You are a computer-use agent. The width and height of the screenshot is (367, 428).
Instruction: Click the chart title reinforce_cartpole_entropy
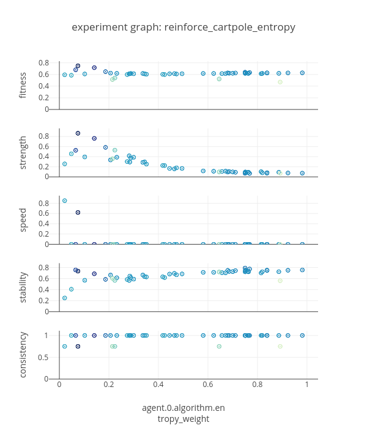point(183,28)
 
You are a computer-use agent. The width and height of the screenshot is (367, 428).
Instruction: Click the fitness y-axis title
point(23,86)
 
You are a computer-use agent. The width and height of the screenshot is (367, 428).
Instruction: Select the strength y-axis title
point(23,153)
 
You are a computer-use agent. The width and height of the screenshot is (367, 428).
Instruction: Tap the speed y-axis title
point(23,220)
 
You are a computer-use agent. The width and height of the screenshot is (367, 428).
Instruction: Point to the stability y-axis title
point(23,287)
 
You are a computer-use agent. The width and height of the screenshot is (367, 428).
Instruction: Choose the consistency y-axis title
point(23,355)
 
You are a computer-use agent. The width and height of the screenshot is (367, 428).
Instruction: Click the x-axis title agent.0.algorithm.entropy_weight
point(183,413)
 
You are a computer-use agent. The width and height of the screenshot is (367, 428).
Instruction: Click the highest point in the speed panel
point(64,201)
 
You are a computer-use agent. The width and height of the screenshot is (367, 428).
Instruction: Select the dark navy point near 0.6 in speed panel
point(78,213)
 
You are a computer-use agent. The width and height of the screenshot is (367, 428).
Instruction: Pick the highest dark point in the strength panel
point(78,133)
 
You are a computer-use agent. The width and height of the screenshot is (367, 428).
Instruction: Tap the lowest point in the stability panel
point(64,298)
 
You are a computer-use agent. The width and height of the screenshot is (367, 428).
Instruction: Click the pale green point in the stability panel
point(280,281)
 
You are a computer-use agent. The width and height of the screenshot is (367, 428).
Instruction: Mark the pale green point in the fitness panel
point(280,82)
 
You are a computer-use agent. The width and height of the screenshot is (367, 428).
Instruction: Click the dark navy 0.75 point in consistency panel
point(78,347)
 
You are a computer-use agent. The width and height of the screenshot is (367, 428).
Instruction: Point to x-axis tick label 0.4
point(158,384)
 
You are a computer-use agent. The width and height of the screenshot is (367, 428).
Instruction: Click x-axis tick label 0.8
point(258,384)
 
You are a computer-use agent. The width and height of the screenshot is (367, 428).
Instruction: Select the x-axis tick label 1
point(307,384)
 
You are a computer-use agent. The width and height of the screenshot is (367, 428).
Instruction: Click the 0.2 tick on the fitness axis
point(44,98)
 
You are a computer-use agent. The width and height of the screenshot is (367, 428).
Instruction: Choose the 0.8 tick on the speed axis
point(44,203)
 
